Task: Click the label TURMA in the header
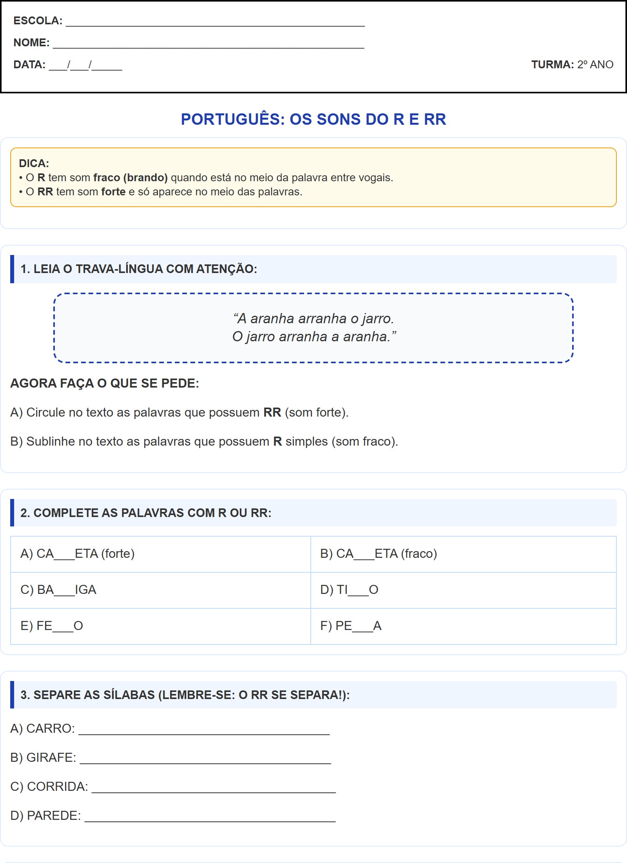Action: (x=552, y=64)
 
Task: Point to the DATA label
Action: (x=29, y=64)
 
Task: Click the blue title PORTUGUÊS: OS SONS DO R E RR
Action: (x=313, y=119)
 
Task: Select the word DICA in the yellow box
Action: (x=34, y=163)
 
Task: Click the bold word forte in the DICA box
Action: (x=113, y=192)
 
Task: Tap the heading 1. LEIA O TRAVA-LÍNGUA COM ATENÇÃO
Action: (x=139, y=269)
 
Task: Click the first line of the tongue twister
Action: (x=313, y=319)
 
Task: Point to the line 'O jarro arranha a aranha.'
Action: (x=313, y=337)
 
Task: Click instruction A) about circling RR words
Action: (x=179, y=412)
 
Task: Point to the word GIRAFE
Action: (x=51, y=757)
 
